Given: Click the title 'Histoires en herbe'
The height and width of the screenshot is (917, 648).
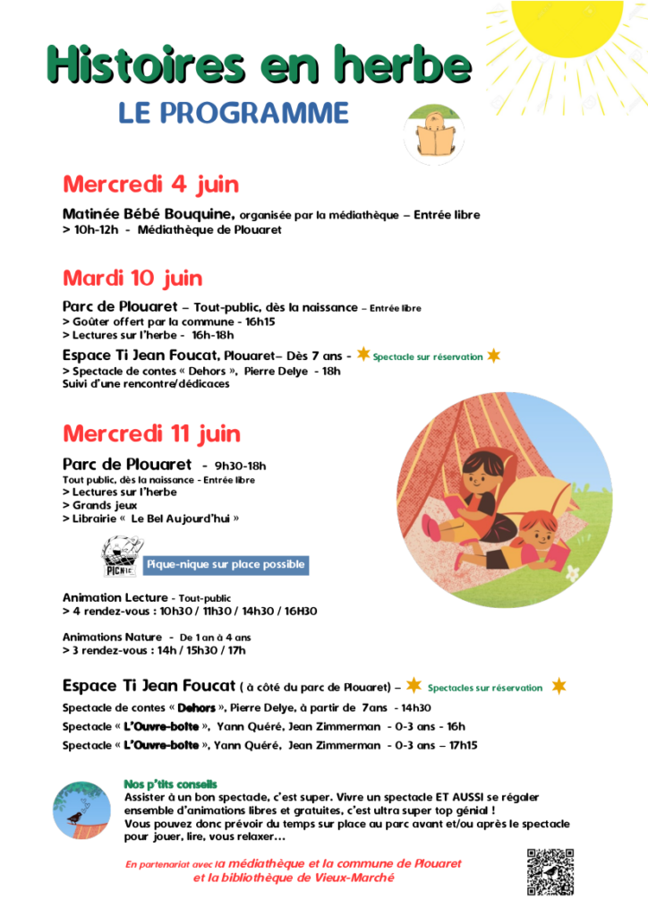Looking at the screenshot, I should [x=260, y=64].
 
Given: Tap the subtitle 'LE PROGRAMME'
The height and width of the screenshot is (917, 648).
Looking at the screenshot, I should [x=234, y=113].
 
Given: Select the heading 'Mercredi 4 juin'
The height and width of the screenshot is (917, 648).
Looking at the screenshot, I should [x=150, y=184].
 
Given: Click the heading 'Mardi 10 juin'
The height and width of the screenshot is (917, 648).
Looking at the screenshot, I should [x=132, y=278].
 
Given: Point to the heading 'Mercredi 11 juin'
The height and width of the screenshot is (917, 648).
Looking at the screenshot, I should [x=151, y=433].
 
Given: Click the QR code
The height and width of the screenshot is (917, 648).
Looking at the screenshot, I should [x=550, y=870].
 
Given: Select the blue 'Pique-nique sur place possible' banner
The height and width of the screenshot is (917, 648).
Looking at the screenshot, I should [x=226, y=564].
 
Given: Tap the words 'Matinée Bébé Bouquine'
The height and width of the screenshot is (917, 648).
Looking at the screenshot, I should [x=149, y=215].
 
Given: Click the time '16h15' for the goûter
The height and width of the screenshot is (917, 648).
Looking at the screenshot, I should [x=260, y=321].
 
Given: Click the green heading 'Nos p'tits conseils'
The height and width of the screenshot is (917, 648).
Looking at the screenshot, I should [x=170, y=784].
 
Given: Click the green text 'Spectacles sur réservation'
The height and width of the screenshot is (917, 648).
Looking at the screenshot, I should [x=485, y=688].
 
